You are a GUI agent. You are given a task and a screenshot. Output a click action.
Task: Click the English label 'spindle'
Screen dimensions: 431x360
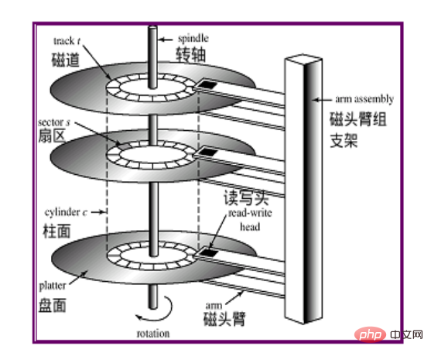[x=193, y=39]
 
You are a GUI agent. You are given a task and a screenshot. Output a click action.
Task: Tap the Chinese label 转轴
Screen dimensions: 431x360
[x=191, y=54]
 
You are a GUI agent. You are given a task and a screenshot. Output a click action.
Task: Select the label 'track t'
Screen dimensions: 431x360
[x=67, y=41]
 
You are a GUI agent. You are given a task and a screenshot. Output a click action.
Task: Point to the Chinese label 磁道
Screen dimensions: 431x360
[x=66, y=60]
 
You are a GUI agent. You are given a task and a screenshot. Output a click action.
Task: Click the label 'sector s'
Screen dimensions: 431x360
[x=54, y=122]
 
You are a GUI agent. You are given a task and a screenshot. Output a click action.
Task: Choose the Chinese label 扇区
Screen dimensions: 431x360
[x=52, y=135]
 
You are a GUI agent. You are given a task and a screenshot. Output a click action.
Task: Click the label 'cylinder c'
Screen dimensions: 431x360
[x=66, y=212]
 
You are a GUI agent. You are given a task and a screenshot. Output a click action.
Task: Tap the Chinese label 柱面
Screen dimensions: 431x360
[x=57, y=231]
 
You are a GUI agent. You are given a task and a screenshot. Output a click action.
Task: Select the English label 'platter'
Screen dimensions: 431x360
[x=53, y=286]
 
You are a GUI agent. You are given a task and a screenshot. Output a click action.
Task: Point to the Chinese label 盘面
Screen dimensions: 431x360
[x=53, y=306]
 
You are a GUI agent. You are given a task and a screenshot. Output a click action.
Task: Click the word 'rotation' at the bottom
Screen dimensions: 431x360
[x=153, y=334]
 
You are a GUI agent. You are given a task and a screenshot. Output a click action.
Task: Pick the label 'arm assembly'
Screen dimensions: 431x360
[x=364, y=99]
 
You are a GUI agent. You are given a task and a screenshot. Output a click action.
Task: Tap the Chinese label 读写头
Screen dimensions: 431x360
[x=246, y=197]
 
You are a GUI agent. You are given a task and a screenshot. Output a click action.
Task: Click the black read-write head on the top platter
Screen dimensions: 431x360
[x=207, y=84]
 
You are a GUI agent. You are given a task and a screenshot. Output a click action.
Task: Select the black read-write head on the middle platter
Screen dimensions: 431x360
[x=208, y=152]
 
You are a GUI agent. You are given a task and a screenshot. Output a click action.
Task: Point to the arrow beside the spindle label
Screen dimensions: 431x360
[x=166, y=39]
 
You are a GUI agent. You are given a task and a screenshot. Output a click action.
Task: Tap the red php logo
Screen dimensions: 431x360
[x=368, y=334]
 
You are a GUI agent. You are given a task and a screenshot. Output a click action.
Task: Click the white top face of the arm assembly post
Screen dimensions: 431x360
[x=303, y=58]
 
